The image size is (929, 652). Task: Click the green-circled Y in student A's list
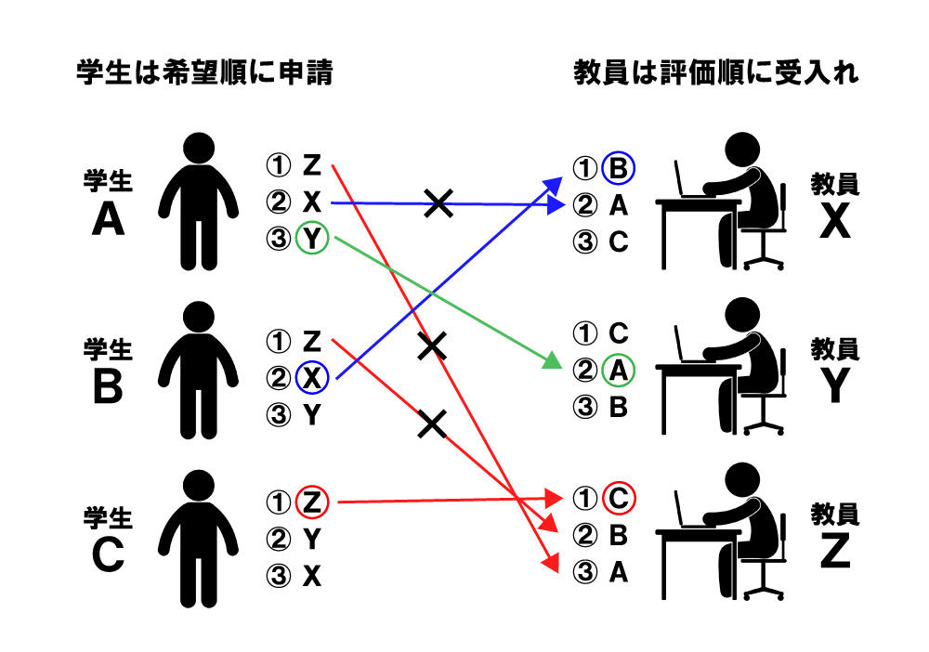312,238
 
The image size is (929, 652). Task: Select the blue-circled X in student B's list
312,377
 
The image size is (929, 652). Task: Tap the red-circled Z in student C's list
312,502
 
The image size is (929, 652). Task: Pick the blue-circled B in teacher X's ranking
618,168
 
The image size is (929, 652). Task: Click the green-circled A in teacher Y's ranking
618,371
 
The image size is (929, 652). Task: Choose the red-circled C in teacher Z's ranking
618,498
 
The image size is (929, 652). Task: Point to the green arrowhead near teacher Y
552,360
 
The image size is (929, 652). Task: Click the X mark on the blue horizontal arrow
438,203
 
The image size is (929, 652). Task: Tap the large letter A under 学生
108,220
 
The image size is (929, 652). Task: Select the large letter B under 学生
108,387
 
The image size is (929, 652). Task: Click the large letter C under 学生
108,555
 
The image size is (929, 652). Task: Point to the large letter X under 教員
835,221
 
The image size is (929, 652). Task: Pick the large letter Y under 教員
835,385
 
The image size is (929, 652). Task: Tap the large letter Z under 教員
835,551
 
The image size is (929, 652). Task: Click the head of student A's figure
199,148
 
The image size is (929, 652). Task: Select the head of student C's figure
199,486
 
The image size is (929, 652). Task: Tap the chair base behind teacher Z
764,591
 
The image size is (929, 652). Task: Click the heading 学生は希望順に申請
205,72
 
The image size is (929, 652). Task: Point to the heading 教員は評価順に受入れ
715,72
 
